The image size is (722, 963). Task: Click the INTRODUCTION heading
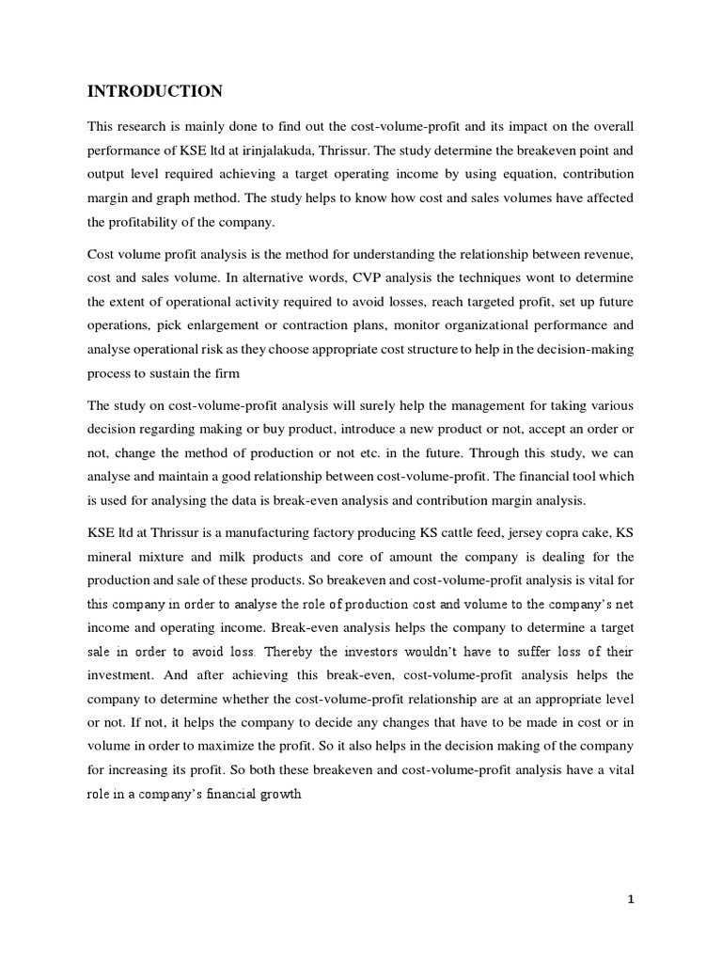155,91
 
